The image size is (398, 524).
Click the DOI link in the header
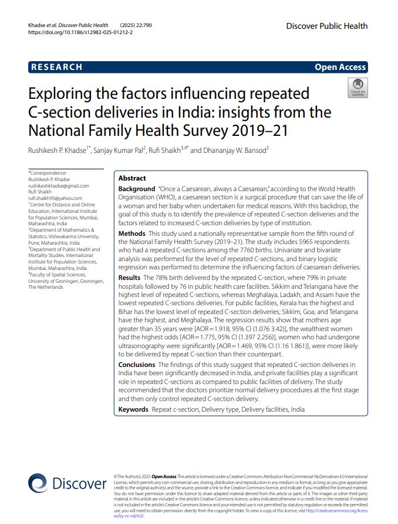point(80,33)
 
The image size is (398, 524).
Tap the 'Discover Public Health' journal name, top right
point(327,26)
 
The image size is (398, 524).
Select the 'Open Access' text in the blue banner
point(340,67)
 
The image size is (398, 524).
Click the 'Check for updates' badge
point(357,88)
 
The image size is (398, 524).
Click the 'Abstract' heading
point(132,178)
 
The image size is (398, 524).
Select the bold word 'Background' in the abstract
point(137,189)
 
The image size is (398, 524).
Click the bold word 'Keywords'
point(133,409)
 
